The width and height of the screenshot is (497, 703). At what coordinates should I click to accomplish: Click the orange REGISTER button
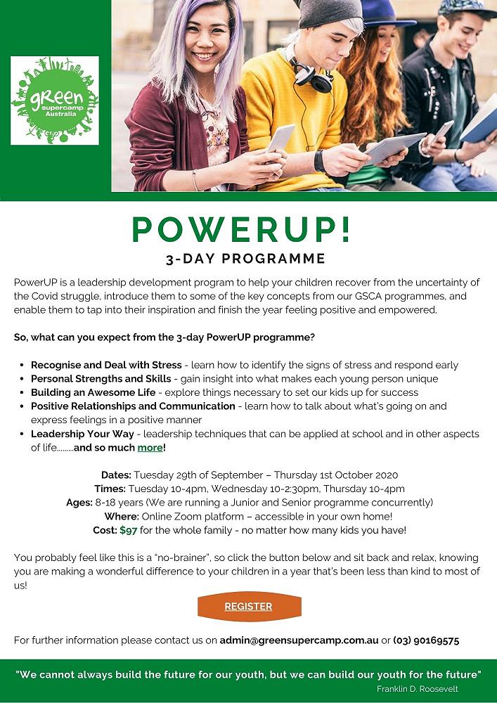coord(248,607)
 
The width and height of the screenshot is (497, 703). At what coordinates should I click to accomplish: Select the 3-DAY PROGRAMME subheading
coord(245,257)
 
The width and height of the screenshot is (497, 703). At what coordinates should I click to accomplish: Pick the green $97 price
coord(128,529)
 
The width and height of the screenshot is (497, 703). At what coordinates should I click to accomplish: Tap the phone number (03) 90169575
coord(427,640)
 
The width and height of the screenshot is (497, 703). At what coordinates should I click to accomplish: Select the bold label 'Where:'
coord(121,516)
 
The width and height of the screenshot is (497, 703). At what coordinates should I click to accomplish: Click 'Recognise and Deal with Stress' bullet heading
coord(105,365)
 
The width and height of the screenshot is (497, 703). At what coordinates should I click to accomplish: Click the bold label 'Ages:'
coord(79,502)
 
